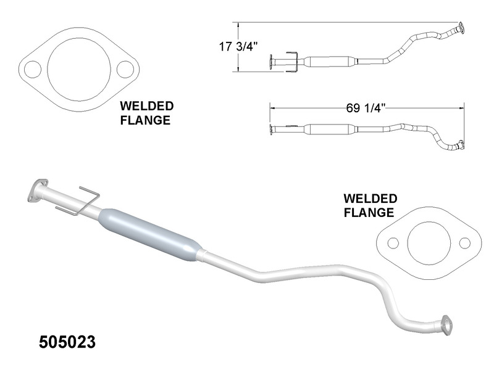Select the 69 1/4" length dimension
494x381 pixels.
(x=366, y=107)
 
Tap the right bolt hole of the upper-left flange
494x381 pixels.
(x=125, y=68)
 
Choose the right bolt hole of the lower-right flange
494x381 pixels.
(x=464, y=242)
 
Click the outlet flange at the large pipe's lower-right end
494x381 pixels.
(x=445, y=325)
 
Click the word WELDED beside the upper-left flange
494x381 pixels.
(x=147, y=107)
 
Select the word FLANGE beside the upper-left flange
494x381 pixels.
(x=145, y=120)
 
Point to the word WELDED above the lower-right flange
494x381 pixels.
(x=370, y=199)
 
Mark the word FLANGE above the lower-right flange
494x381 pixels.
(x=369, y=213)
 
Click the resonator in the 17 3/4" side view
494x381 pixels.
(x=331, y=62)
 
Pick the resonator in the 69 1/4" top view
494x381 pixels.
(x=331, y=129)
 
